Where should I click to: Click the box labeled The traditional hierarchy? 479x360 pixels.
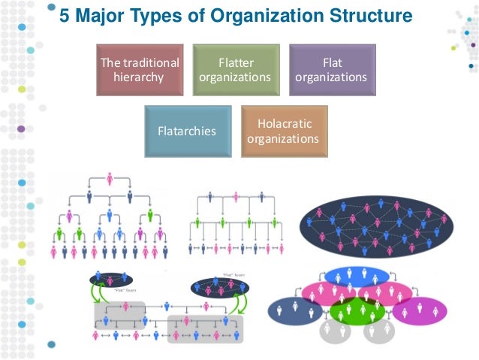click(139, 70)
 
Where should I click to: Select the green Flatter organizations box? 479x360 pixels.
click(235, 70)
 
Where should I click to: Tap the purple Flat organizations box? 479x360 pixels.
click(331, 70)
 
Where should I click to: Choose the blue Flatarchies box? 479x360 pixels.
click(187, 131)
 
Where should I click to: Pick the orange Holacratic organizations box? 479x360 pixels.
click(284, 131)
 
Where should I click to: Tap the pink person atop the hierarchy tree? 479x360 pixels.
click(110, 178)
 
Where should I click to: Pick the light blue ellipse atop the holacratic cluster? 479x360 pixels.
click(357, 275)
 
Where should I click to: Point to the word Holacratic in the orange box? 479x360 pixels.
click(284, 124)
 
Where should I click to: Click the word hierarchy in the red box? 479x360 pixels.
click(139, 77)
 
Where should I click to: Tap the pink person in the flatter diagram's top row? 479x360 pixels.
click(236, 198)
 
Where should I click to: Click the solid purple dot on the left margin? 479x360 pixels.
click(20, 129)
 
